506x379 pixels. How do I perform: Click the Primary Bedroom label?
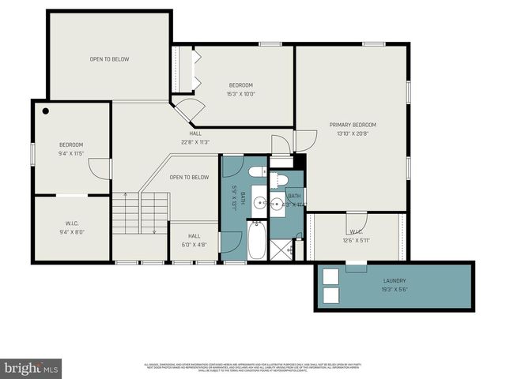pos(353,125)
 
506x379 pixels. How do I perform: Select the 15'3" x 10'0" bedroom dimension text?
pos(241,95)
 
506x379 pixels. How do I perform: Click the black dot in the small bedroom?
pos(47,111)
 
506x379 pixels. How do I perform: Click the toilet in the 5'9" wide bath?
pos(257,172)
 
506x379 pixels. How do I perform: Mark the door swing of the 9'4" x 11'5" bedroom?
pos(98,168)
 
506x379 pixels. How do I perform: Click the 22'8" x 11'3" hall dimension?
pos(194,143)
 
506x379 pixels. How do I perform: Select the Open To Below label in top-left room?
pos(109,59)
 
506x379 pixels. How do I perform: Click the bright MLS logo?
pos(32,368)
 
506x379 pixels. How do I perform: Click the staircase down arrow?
pos(155,230)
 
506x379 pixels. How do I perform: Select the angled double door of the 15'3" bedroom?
pos(188,111)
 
